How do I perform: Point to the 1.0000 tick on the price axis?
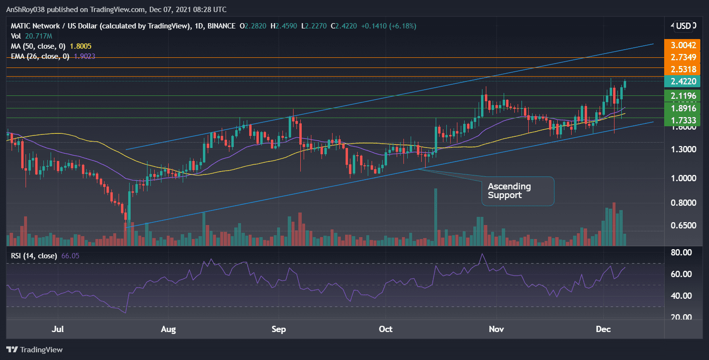[683, 178]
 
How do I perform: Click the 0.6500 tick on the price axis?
[683, 226]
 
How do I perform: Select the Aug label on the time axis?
[168, 330]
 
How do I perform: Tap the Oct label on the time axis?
[386, 330]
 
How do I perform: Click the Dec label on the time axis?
[603, 330]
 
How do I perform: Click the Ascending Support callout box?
[518, 191]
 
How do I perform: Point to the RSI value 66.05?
[70, 255]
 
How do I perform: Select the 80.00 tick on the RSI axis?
[683, 253]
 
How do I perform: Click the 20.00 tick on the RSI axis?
[683, 317]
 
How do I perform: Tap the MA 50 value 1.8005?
[80, 46]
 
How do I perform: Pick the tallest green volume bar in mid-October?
[436, 217]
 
